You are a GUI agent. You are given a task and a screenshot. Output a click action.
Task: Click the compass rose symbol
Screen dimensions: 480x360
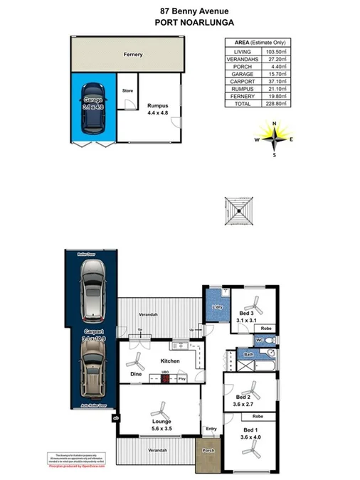coord(275,139)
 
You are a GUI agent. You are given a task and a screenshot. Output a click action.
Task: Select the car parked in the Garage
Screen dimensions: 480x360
coord(94,116)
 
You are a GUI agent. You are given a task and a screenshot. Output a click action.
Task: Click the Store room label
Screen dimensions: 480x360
coord(127,91)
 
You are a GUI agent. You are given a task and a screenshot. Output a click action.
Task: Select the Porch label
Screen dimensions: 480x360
coord(208,450)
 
